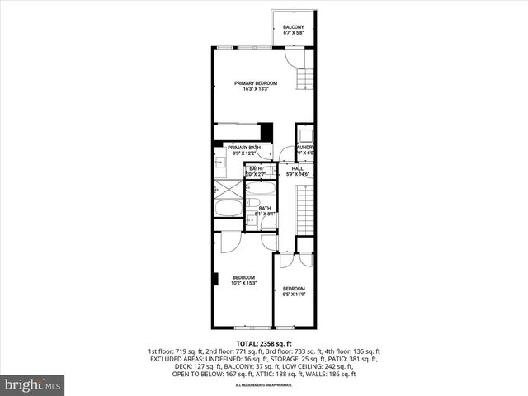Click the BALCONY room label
(294, 27)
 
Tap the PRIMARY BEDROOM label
(255, 83)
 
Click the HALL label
(297, 168)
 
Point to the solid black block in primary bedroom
(266, 132)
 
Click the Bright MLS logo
(33, 384)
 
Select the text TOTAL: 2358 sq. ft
(263, 343)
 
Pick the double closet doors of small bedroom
(295, 259)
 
